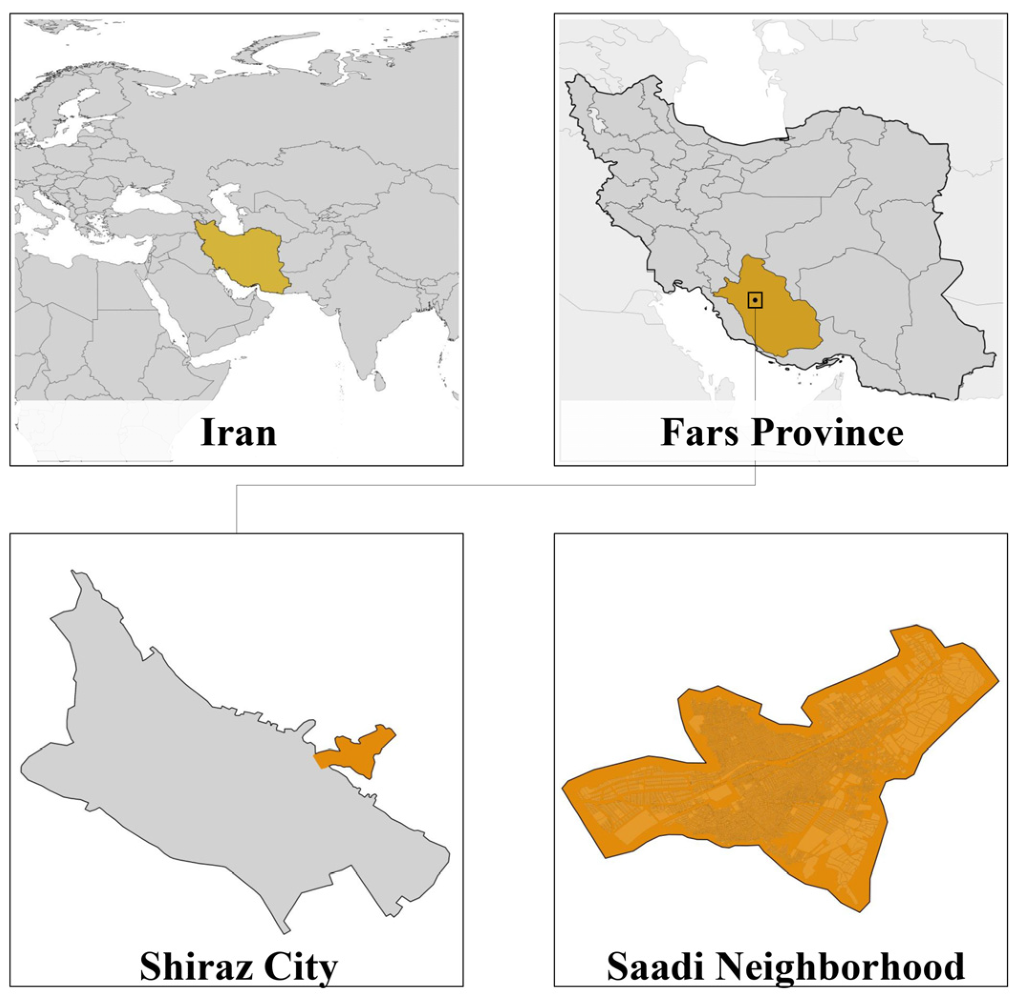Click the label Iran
pyautogui.click(x=238, y=433)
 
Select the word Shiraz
pyautogui.click(x=194, y=966)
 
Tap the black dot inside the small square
pyautogui.click(x=755, y=300)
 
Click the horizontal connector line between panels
pyautogui.click(x=496, y=485)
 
